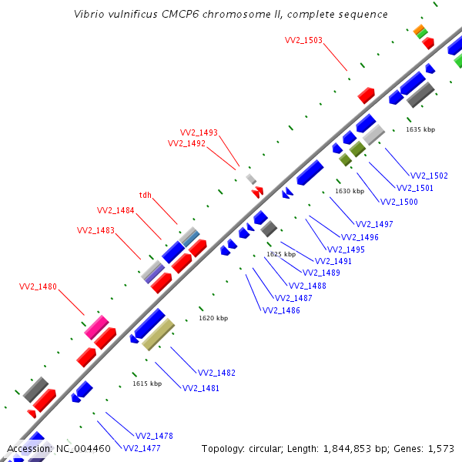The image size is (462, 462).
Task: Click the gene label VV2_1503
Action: pyautogui.click(x=303, y=40)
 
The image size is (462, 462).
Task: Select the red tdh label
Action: pyautogui.click(x=146, y=195)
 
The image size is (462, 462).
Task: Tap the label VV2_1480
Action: pyautogui.click(x=38, y=286)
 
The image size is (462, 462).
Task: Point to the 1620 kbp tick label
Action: pyautogui.click(x=213, y=318)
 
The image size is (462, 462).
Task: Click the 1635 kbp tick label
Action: pyautogui.click(x=420, y=129)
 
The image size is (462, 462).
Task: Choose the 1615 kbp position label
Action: pyautogui.click(x=147, y=383)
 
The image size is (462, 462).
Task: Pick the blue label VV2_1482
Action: pyautogui.click(x=216, y=373)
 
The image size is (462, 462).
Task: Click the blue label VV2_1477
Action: pyautogui.click(x=142, y=448)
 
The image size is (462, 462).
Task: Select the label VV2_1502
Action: pyautogui.click(x=429, y=176)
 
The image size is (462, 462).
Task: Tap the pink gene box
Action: pyautogui.click(x=97, y=327)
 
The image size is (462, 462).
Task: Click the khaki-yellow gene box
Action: pyautogui.click(x=158, y=334)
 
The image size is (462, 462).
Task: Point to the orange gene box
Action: pyautogui.click(x=419, y=29)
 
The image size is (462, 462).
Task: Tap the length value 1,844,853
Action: pyautogui.click(x=347, y=449)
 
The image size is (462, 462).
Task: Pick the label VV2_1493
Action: pyautogui.click(x=199, y=132)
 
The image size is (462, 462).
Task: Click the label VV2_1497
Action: pyautogui.click(x=374, y=224)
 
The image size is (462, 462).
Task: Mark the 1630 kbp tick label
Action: pyautogui.click(x=350, y=191)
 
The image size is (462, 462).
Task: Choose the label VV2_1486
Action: pyautogui.click(x=281, y=310)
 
